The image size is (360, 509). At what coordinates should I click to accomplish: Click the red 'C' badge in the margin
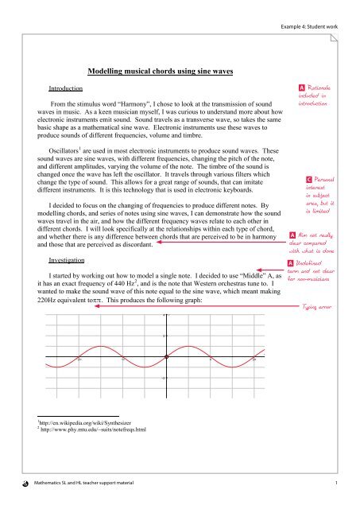click(x=308, y=181)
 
